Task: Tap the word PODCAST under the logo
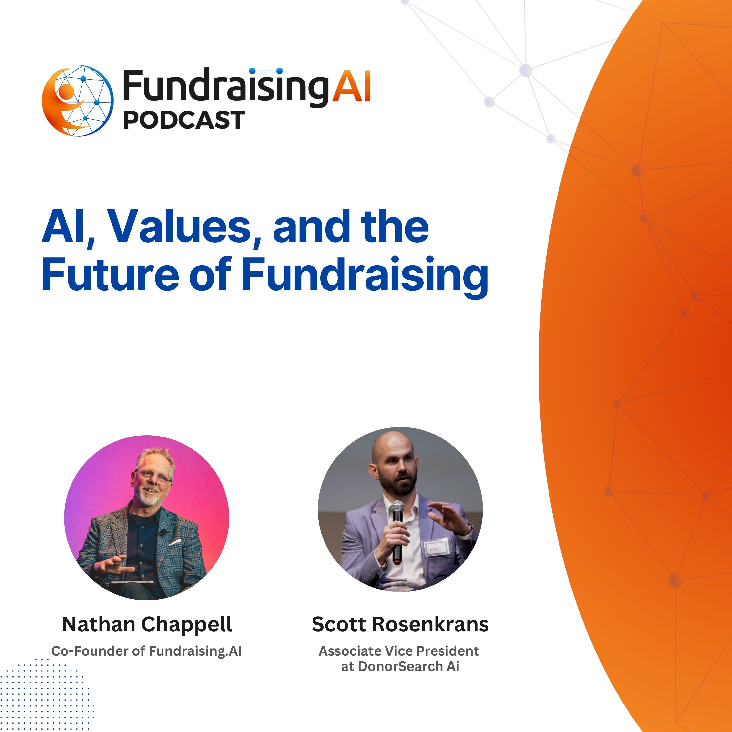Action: pos(184,120)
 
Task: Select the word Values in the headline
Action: pos(180,227)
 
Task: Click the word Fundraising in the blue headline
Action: pos(365,277)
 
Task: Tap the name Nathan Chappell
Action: pos(147,625)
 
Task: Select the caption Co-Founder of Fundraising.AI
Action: pos(147,651)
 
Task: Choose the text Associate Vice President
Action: pos(399,651)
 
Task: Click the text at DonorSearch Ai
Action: pos(400,666)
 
